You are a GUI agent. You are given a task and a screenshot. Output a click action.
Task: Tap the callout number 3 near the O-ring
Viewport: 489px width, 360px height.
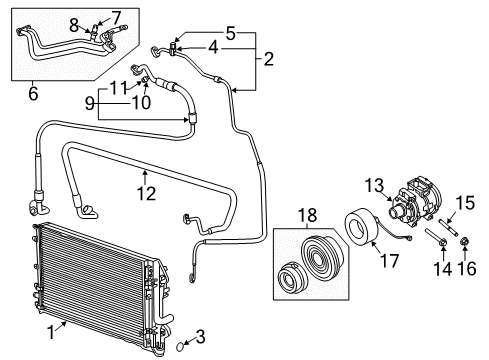(x=200, y=335)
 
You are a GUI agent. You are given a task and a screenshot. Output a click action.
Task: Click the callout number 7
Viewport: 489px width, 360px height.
(x=116, y=16)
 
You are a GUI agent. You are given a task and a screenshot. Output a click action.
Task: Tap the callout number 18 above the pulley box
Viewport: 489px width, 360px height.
(x=307, y=214)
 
